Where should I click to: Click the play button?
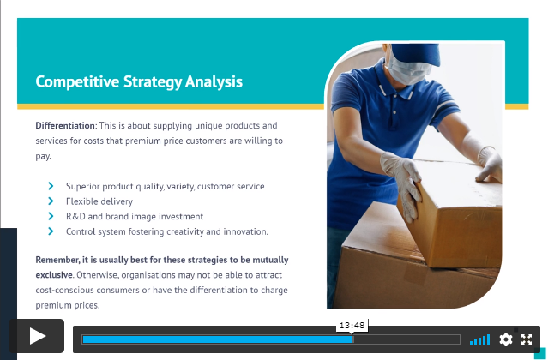click(x=37, y=336)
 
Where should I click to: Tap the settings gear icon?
click(x=505, y=339)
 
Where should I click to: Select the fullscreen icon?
click(x=527, y=339)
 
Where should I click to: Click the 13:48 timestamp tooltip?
click(x=352, y=326)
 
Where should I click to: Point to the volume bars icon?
click(x=480, y=339)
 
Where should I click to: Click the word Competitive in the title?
click(x=77, y=82)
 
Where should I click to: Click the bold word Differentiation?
click(x=65, y=125)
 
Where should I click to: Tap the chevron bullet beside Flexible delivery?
click(x=51, y=201)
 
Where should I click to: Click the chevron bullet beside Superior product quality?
click(x=51, y=186)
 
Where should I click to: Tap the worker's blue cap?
click(x=416, y=53)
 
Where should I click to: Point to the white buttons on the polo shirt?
click(x=394, y=112)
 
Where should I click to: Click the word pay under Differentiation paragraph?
click(x=43, y=157)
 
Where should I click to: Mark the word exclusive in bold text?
click(x=54, y=275)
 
